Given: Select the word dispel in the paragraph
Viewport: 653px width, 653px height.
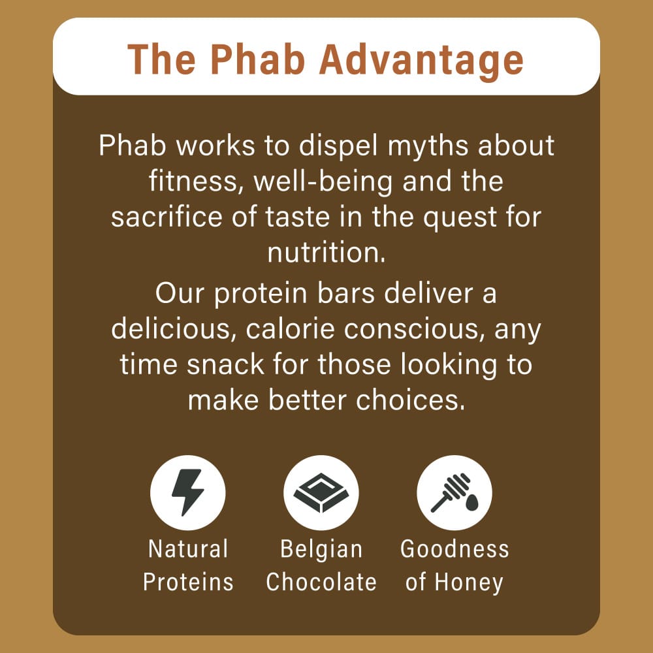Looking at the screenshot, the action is coord(338,146).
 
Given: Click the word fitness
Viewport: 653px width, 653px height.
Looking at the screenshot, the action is coord(196,182).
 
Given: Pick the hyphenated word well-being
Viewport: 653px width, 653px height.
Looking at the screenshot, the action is coord(323,182).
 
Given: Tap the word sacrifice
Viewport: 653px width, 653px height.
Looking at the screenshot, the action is coord(167,217).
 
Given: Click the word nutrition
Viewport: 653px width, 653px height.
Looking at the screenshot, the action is coord(326,253).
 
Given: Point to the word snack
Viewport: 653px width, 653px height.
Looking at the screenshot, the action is coord(225,364).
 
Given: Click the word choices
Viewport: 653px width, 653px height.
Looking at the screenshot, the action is coord(410,400).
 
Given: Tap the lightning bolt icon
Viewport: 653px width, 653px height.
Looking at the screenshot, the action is coord(187,492).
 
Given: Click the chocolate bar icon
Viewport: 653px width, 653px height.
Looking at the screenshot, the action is coord(321,492).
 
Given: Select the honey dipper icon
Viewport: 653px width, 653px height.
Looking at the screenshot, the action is coord(450,493).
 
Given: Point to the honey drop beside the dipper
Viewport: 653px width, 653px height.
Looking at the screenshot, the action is coord(471,502).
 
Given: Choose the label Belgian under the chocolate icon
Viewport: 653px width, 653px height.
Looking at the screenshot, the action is coord(321,550).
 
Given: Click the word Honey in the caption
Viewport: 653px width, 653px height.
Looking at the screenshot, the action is coord(469,582).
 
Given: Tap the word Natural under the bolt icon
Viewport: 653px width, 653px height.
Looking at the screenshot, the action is coord(188,549).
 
